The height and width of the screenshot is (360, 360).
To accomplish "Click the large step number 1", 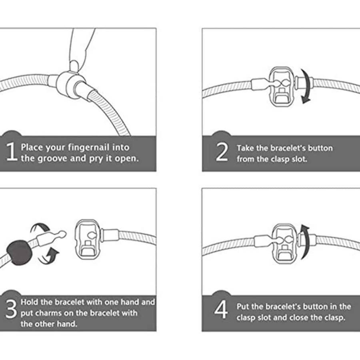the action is click(12, 151).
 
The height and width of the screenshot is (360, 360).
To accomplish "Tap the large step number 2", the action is click(222, 152).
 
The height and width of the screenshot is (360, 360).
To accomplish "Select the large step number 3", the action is click(11, 309).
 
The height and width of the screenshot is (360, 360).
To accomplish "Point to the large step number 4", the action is click(221, 310).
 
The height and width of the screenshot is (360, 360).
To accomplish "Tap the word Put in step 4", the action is click(243, 306).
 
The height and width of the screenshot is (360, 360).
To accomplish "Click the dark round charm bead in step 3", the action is click(19, 252).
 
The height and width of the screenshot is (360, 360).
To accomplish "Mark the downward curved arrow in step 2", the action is click(307, 86).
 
